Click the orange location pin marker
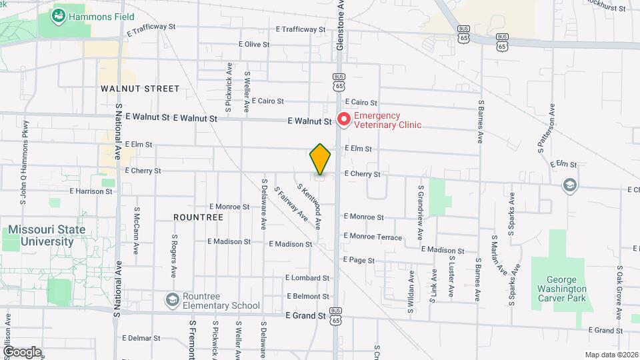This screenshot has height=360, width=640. [x=320, y=159]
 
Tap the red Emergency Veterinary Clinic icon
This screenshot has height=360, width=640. [x=344, y=119]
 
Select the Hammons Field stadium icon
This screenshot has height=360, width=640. [x=58, y=15]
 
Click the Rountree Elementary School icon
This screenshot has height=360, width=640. [x=173, y=300]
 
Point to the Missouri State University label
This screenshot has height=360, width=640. [x=47, y=235]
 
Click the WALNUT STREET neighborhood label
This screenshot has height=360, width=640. [x=140, y=89]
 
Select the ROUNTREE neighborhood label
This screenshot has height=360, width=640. [x=198, y=217]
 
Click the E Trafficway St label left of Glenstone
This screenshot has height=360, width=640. [x=300, y=29]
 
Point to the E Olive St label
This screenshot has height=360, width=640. [x=253, y=45]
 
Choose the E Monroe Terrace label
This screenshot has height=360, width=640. [x=373, y=237]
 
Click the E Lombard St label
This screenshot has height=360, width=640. [x=307, y=277]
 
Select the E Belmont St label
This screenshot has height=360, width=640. [x=308, y=295]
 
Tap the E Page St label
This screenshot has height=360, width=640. [x=359, y=259]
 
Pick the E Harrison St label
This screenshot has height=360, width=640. [x=90, y=191]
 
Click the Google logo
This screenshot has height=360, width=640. [x=22, y=352]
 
